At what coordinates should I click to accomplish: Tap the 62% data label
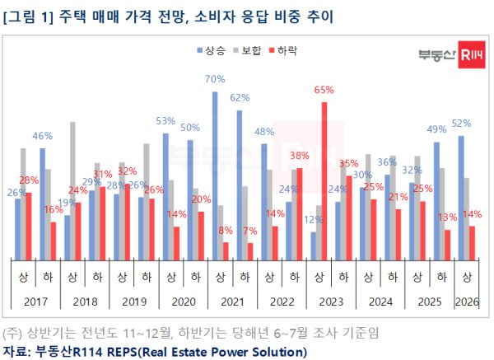[x=240, y=97]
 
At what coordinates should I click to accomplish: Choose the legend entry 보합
[x=250, y=51]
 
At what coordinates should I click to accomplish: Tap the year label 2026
[x=468, y=301]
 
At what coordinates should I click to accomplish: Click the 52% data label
[x=461, y=124]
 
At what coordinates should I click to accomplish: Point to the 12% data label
[x=314, y=220]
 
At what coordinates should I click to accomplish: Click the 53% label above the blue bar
[x=165, y=121]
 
